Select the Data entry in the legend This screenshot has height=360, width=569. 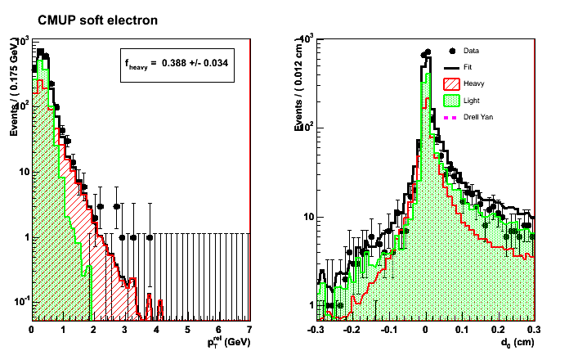(x=472, y=50)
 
